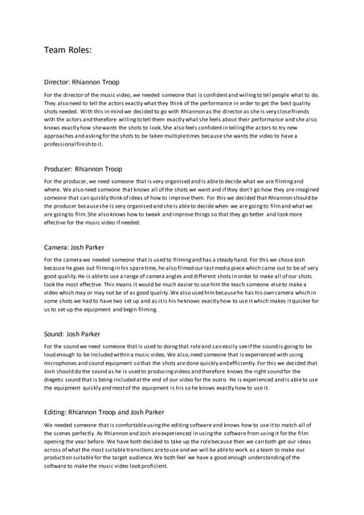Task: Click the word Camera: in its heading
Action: tap(58, 247)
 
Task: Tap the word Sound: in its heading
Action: tap(55, 333)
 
